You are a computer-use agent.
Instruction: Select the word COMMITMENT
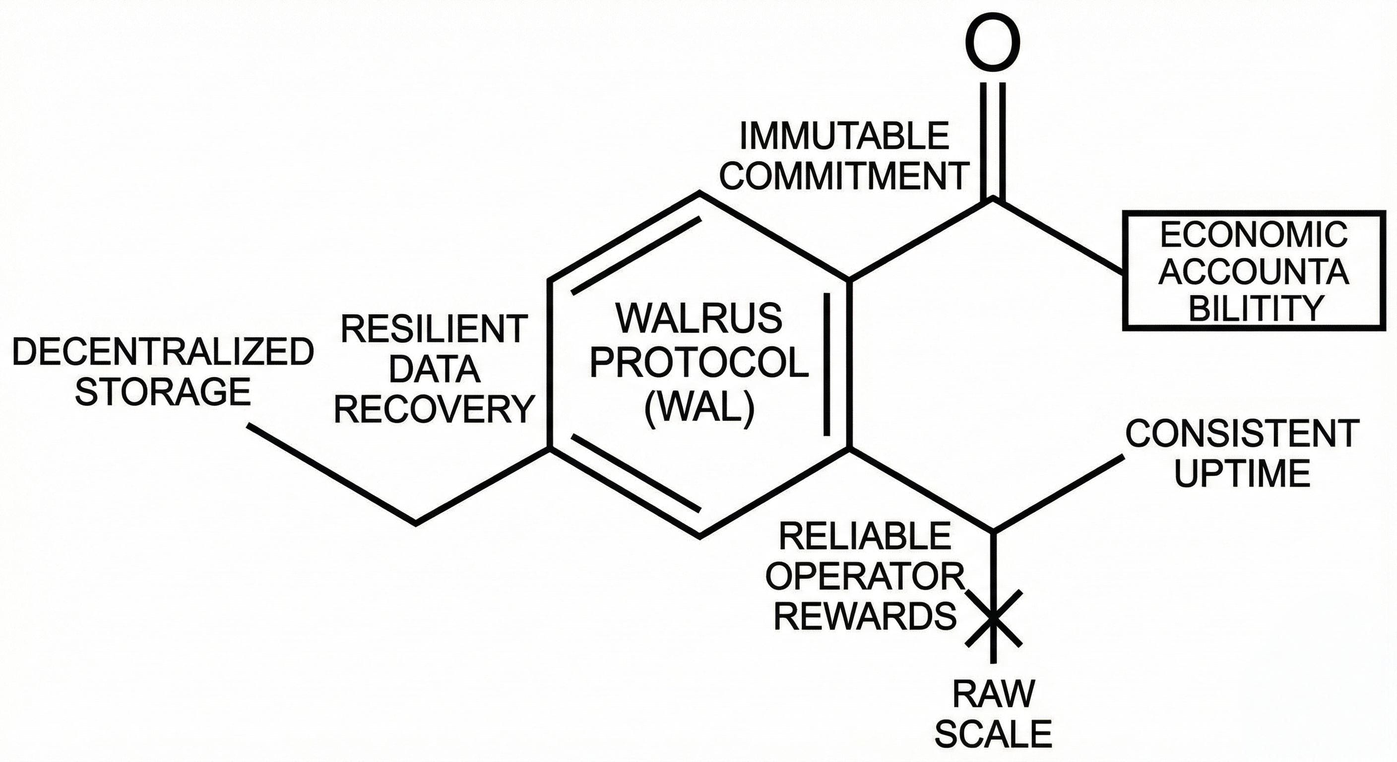[x=844, y=175]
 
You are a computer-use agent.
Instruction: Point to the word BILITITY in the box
[x=1256, y=308]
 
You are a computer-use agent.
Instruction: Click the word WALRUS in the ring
[x=699, y=318]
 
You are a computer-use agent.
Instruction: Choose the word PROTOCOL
[x=699, y=363]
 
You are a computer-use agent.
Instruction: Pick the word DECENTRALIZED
[x=163, y=351]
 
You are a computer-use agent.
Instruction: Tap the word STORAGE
[x=163, y=391]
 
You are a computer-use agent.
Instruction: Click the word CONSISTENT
[x=1242, y=434]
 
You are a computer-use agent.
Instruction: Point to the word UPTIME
[x=1242, y=473]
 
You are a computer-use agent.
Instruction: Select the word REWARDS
[x=865, y=616]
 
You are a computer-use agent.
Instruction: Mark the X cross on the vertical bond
[x=993, y=618]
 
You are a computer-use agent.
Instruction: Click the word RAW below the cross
[x=993, y=694]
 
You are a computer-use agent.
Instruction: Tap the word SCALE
[x=993, y=734]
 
